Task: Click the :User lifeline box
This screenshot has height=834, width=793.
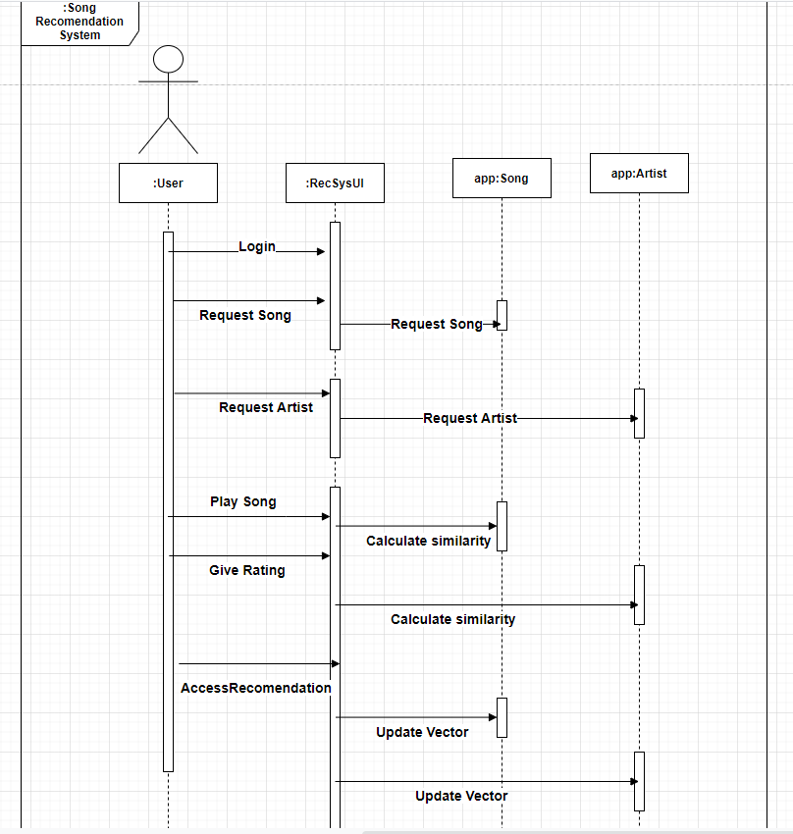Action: tap(168, 182)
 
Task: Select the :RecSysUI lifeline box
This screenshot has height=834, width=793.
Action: tap(335, 182)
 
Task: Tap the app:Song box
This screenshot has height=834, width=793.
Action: tap(502, 179)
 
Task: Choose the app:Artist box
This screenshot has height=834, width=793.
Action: tap(639, 173)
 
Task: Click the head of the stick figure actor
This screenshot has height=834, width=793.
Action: tap(169, 59)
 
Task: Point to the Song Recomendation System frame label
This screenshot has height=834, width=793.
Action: tap(79, 22)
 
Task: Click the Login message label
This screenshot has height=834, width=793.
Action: tap(257, 246)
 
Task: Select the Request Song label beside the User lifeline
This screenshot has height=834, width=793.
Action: tap(245, 315)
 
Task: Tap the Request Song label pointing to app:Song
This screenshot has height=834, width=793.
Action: tap(437, 324)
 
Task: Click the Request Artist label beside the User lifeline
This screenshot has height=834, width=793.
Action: tap(266, 406)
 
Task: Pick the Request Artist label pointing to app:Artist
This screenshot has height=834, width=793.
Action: tap(470, 418)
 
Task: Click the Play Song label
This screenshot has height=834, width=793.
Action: tap(243, 501)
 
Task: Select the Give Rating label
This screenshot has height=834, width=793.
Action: tap(247, 570)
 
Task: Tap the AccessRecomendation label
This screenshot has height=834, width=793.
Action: tap(256, 688)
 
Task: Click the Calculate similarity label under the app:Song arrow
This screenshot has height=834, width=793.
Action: tap(429, 541)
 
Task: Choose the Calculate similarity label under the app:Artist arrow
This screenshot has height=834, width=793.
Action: tap(452, 619)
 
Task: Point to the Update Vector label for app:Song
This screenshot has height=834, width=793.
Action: tap(422, 732)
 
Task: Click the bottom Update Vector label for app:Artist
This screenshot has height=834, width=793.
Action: tap(461, 796)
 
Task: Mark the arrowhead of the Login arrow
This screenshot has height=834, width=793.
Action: tap(320, 251)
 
